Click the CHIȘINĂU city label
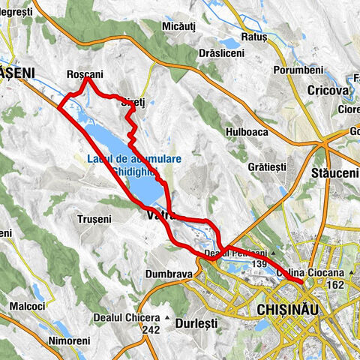[x=288, y=309]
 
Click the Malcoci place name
[x=26, y=306]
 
